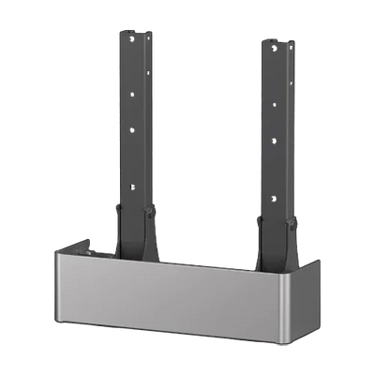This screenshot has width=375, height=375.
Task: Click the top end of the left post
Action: (134, 30)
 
